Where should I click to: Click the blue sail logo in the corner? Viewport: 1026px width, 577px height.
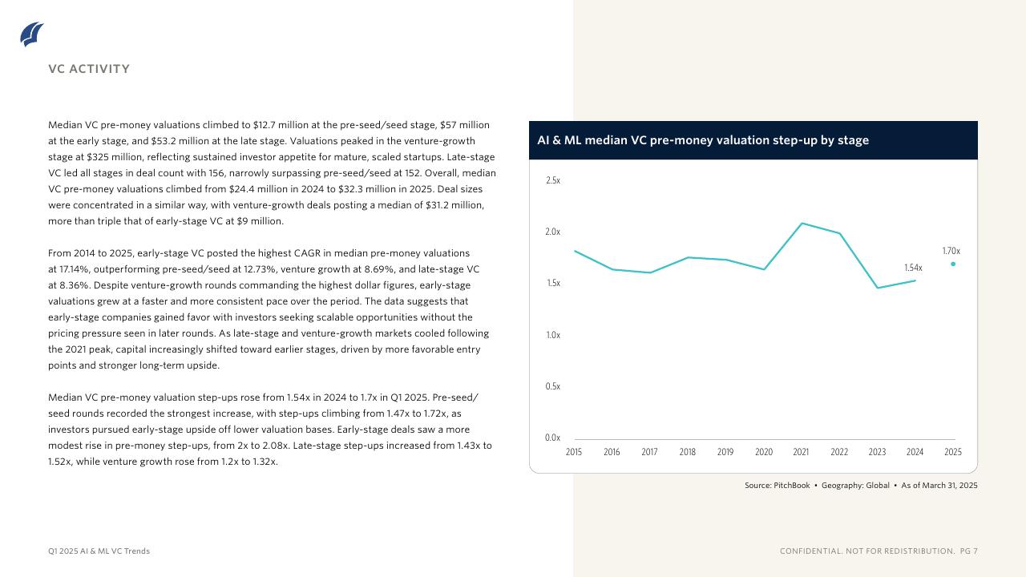(x=32, y=34)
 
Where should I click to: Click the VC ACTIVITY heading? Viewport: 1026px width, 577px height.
(x=89, y=69)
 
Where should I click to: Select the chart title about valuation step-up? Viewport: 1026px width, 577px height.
(x=702, y=140)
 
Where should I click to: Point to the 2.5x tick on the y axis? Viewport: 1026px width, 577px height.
(x=552, y=180)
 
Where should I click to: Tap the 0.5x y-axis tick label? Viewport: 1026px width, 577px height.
(x=552, y=386)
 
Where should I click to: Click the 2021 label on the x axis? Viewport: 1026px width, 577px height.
(x=801, y=452)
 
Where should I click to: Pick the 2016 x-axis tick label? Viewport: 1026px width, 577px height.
(x=612, y=452)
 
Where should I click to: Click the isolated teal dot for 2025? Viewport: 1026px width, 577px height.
(x=953, y=264)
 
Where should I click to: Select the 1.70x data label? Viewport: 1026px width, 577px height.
(x=951, y=251)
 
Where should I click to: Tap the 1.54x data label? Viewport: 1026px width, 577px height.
(x=913, y=268)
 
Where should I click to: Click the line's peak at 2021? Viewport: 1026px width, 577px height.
(x=802, y=223)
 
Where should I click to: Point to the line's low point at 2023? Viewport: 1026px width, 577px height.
(x=878, y=288)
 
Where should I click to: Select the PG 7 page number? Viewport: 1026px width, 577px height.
(x=968, y=551)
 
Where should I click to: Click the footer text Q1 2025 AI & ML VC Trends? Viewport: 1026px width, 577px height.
(x=99, y=551)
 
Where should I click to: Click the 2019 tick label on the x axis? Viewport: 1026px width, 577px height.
(x=725, y=452)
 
